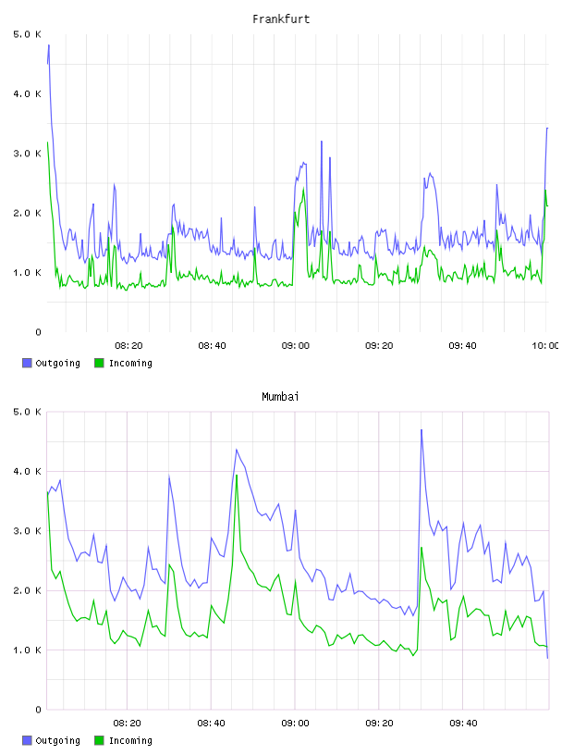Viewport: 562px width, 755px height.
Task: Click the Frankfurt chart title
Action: pos(281,19)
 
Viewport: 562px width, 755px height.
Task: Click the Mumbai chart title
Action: pos(280,397)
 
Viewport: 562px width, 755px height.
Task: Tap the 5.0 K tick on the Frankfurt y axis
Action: pos(28,34)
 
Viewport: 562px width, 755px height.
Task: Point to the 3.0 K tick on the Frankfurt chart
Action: pos(28,154)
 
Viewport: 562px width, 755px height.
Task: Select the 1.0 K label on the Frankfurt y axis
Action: pos(28,273)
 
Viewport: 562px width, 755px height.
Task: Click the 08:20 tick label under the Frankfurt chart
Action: pos(128,346)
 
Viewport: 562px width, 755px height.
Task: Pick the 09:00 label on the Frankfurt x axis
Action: pos(296,346)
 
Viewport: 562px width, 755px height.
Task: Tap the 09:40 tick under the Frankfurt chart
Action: pos(462,346)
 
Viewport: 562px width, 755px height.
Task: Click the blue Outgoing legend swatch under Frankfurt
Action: pos(27,363)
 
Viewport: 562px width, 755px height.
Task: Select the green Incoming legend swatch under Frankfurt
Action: pos(99,363)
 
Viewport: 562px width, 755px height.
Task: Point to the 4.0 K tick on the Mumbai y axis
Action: pos(28,471)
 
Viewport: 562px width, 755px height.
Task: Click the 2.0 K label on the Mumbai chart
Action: pos(28,591)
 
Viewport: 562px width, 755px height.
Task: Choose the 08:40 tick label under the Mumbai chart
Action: pos(212,724)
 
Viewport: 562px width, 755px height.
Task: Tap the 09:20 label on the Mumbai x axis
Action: pos(379,724)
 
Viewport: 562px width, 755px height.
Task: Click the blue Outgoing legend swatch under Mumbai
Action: pos(27,740)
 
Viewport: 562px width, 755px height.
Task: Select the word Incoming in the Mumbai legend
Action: pos(130,741)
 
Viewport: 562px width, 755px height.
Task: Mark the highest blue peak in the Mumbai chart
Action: pos(421,430)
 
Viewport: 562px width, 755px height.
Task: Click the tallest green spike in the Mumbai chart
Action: pos(237,476)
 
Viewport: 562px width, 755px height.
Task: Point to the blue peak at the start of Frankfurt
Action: pos(49,45)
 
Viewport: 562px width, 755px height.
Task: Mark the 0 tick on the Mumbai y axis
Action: pos(39,710)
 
